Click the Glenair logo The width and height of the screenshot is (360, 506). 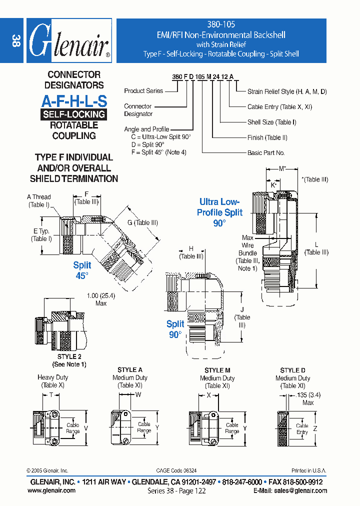[x=68, y=40]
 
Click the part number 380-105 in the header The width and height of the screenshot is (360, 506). [x=220, y=24]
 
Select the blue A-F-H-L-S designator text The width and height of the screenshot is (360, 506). [x=74, y=101]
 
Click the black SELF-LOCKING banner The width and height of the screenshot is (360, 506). [x=74, y=114]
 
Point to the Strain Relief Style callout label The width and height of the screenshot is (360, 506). [x=287, y=91]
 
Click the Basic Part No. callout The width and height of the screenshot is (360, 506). [x=266, y=152]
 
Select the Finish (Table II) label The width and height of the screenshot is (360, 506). [x=267, y=137]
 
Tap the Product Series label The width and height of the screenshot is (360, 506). [x=143, y=91]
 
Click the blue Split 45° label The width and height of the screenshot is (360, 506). [x=82, y=270]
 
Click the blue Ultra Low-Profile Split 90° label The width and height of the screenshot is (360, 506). [x=220, y=212]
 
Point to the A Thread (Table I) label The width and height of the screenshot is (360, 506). [x=38, y=200]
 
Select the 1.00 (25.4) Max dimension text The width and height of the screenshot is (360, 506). [x=101, y=299]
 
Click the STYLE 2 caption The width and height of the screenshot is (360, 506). [x=69, y=360]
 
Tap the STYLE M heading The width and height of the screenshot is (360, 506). [x=217, y=370]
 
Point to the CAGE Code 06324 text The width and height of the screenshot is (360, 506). [x=176, y=470]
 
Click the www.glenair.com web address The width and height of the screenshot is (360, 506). [x=51, y=490]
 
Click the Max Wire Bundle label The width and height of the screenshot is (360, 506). [x=248, y=253]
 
